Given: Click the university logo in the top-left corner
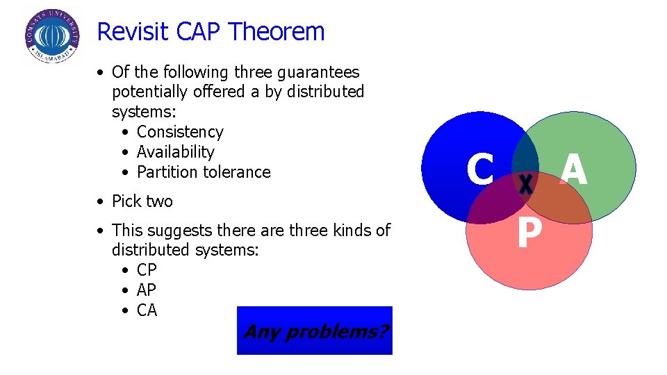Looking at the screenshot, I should click(x=52, y=36).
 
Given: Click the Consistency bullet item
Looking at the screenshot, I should click(x=180, y=132).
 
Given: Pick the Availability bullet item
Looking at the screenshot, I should click(x=175, y=152).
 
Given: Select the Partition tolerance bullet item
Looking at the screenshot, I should click(x=204, y=172).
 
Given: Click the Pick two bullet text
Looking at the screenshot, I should click(x=142, y=201).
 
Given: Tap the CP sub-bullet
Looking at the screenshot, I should click(x=147, y=270).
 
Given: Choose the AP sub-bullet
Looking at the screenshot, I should click(x=147, y=290).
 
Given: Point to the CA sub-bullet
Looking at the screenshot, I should click(x=147, y=310).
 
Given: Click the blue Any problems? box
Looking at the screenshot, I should click(x=315, y=331).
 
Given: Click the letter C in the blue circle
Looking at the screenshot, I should click(x=480, y=170).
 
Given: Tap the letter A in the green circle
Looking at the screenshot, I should click(x=574, y=170).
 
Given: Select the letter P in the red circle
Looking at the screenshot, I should click(x=529, y=234).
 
